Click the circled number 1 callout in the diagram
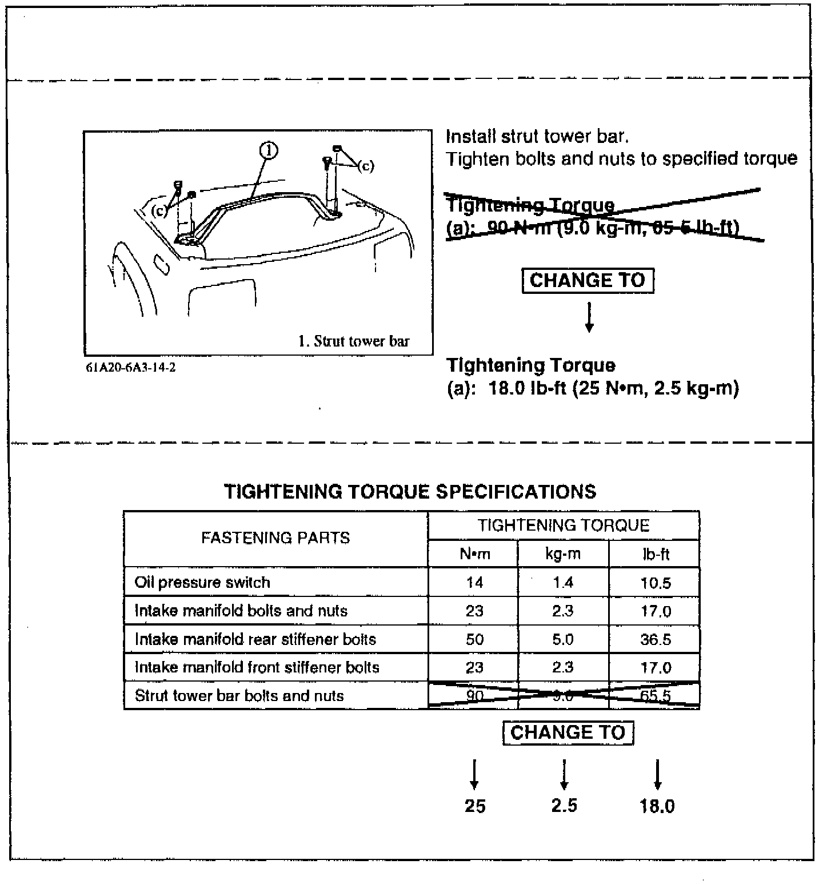[x=269, y=151]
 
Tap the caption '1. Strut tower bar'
[x=354, y=341]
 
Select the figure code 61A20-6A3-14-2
[x=131, y=368]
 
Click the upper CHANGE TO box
[x=588, y=281]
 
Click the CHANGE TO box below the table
[x=568, y=732]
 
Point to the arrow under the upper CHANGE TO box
[x=589, y=317]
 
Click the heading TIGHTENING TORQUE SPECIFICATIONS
[x=410, y=492]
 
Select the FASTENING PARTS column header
[x=275, y=538]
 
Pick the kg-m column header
[x=563, y=554]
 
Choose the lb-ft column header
[x=656, y=554]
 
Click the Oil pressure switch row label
[x=202, y=583]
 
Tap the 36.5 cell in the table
[x=656, y=639]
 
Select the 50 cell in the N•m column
[x=474, y=639]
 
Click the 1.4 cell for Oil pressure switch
[x=563, y=583]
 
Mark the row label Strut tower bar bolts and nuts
[x=239, y=696]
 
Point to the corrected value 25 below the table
[x=474, y=806]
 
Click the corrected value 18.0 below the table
[x=657, y=806]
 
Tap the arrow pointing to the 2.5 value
[x=564, y=775]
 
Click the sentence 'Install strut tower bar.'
[x=537, y=137]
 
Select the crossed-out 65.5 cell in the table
[x=656, y=696]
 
